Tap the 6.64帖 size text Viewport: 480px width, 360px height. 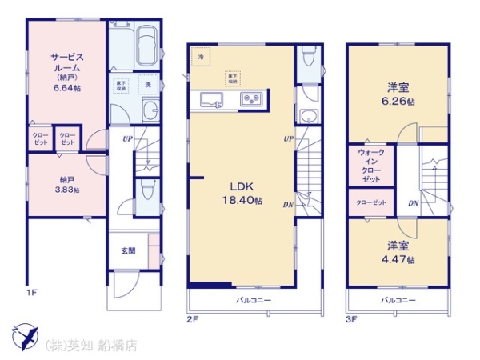(x=66, y=89)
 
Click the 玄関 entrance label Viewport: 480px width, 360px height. (x=128, y=250)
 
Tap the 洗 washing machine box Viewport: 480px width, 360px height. (x=148, y=84)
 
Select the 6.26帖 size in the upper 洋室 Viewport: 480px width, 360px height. (x=398, y=102)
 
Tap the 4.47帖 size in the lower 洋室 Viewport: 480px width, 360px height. (x=398, y=260)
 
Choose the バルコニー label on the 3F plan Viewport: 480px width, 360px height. (x=396, y=300)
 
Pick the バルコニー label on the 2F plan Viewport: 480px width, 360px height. (x=253, y=300)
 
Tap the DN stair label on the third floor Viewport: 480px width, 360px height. (x=413, y=204)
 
